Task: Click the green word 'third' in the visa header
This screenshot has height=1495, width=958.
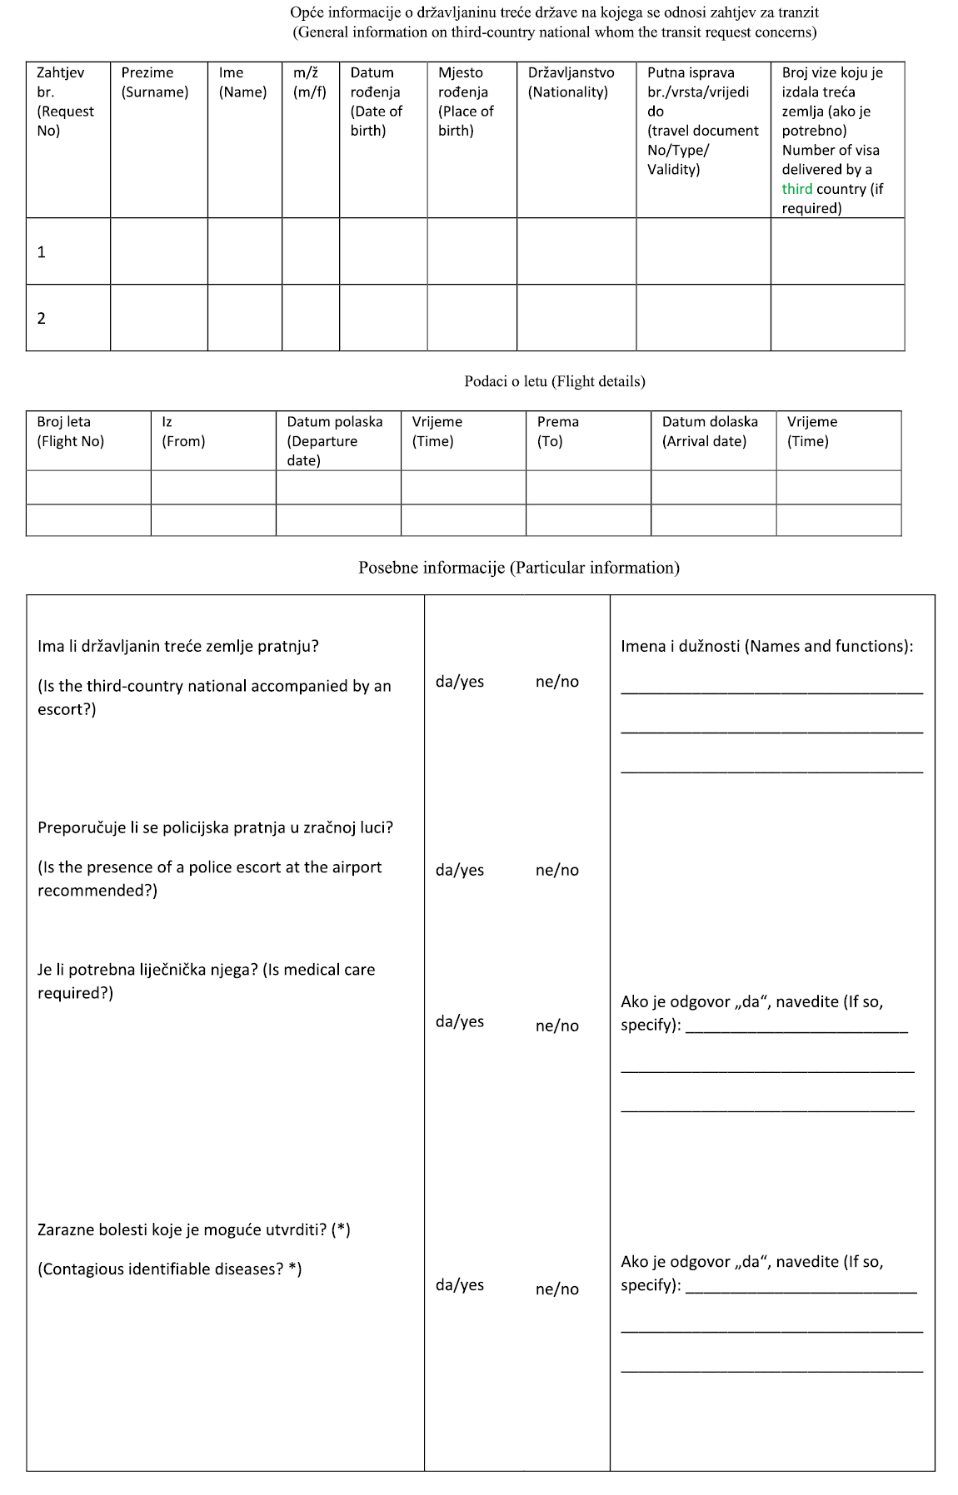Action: click(796, 189)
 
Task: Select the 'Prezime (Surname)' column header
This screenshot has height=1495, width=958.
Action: click(155, 82)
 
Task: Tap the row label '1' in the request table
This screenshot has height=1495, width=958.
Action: click(42, 251)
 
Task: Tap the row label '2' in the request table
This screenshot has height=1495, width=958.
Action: click(42, 318)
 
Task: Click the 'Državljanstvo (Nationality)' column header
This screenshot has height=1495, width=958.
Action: click(571, 82)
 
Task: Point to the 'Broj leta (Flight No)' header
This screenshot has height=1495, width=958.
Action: click(70, 431)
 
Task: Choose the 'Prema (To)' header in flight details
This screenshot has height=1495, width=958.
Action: click(557, 431)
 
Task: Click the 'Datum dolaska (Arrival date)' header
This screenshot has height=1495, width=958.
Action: click(709, 431)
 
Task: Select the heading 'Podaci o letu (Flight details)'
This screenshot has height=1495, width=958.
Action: click(555, 381)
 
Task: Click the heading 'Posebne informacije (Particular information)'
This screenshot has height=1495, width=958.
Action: click(518, 568)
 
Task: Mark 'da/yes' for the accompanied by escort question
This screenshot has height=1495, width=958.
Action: click(460, 682)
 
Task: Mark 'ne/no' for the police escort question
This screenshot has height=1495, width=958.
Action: click(556, 870)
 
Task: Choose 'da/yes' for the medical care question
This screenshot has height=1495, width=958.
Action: click(460, 1021)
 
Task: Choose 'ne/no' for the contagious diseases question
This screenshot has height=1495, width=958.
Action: click(556, 1289)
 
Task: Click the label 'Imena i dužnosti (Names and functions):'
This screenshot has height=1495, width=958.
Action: click(766, 646)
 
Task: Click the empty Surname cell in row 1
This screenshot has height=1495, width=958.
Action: click(158, 251)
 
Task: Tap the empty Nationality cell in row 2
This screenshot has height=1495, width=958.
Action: click(576, 318)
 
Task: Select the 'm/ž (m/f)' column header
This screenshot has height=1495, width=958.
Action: click(310, 82)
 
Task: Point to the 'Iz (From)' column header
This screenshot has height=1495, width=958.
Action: click(183, 431)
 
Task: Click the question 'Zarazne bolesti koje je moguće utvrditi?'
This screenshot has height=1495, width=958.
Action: click(193, 1229)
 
